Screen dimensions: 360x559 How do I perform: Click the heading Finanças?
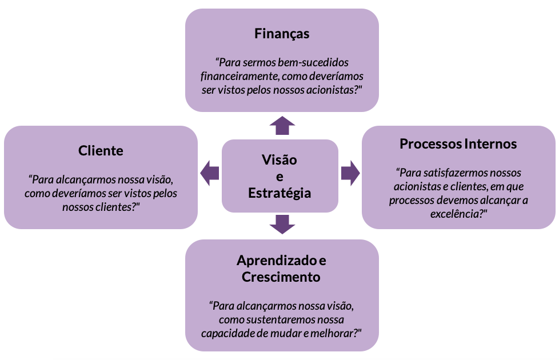click(282, 34)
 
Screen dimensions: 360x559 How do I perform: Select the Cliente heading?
click(101, 151)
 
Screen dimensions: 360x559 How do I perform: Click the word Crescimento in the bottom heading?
click(281, 277)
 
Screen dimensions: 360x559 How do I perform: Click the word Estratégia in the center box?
click(279, 193)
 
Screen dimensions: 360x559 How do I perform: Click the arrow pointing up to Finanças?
click(282, 126)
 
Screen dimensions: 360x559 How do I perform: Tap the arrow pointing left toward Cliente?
click(210, 173)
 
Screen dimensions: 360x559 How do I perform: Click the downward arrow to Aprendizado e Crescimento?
click(282, 224)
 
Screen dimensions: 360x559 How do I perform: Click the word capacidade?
click(225, 333)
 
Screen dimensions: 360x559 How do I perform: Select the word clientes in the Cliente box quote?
click(116, 207)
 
